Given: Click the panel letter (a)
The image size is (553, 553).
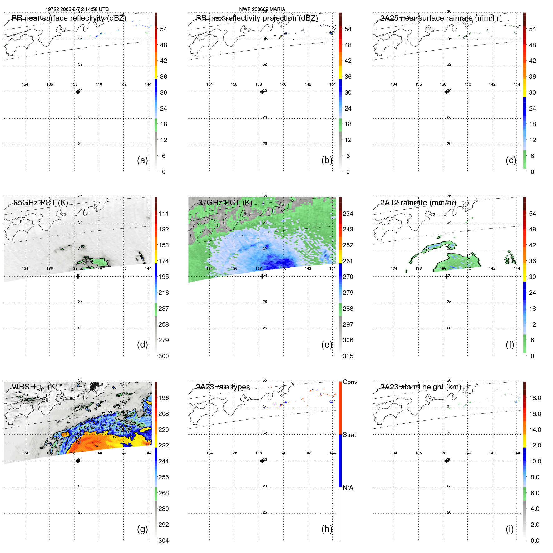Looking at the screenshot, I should point(142,160).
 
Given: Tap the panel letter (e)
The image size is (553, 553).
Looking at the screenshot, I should point(327,344).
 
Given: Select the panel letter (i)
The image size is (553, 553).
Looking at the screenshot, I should point(510,529).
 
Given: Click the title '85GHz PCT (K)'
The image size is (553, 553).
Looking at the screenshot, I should point(41,203).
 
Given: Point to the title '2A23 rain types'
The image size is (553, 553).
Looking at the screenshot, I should point(223,387).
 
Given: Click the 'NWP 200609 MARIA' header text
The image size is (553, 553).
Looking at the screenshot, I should point(262,9).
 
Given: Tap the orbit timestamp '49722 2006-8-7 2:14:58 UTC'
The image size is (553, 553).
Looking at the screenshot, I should point(77,9).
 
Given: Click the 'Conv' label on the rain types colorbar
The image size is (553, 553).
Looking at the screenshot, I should point(350,382).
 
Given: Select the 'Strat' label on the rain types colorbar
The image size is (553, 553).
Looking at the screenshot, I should point(349,435).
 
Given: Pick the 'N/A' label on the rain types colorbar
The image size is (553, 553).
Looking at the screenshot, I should point(348,488).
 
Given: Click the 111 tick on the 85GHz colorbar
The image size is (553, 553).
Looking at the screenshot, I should point(163,214).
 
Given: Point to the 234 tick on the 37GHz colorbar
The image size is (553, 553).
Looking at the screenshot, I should point(348,214).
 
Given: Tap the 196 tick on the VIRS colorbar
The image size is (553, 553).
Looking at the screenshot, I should point(163,398).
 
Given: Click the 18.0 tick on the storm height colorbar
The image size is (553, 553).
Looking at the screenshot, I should point(535,398).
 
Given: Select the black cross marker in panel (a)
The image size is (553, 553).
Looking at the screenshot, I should point(78,92).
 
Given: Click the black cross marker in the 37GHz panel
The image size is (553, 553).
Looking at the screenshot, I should point(262,276).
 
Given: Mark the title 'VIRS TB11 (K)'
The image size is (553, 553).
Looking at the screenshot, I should point(34,387).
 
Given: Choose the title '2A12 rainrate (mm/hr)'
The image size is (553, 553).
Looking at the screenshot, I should point(418,203).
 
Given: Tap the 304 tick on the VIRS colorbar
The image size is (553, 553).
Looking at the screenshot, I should point(163,541).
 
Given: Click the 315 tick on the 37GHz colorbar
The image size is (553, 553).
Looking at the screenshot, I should point(348,356).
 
